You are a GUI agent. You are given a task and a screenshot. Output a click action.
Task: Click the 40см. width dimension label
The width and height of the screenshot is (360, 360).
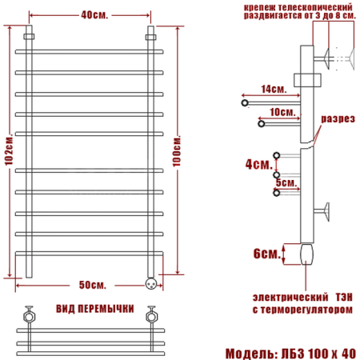pos(90,14)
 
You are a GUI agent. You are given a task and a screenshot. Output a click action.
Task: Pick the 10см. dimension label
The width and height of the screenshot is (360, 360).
pos(279,112)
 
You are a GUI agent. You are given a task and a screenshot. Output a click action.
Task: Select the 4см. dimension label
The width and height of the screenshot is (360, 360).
pos(257,164)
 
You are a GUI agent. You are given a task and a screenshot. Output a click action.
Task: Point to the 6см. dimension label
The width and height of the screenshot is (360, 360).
pos(265,254)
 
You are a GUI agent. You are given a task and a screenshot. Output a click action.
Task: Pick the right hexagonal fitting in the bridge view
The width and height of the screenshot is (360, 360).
pos(149,314)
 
